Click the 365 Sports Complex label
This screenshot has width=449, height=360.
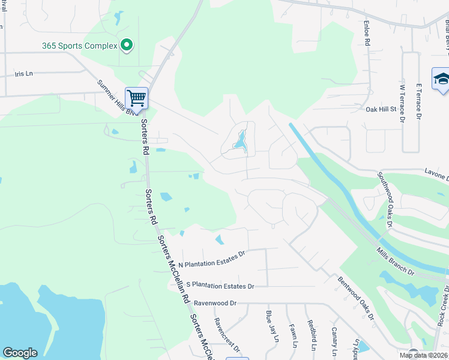point(79,46)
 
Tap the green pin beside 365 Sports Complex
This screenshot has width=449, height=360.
point(126,45)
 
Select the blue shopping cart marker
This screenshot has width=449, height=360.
point(137,98)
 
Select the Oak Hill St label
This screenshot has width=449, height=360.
point(382,109)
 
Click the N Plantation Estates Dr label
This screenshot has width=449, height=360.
point(212,259)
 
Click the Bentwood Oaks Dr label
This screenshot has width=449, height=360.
point(355,297)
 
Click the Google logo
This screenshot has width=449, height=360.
point(20,353)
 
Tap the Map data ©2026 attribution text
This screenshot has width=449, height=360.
point(424,355)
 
